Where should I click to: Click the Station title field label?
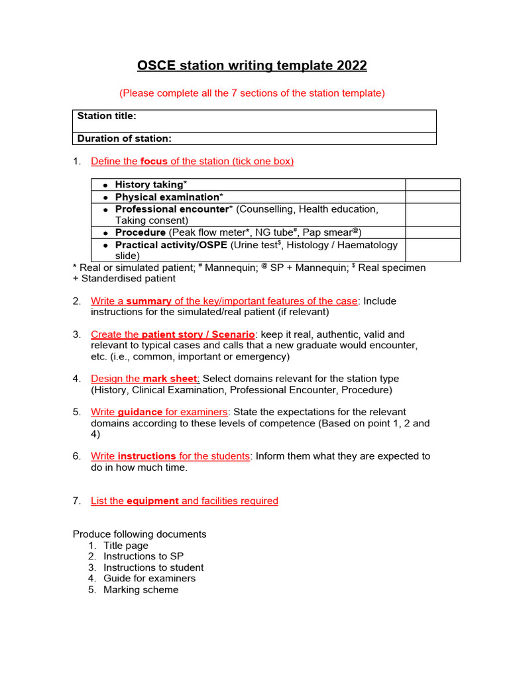click(107, 116)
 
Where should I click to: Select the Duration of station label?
click(125, 138)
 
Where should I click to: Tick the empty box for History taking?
click(432, 185)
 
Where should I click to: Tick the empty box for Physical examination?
click(432, 197)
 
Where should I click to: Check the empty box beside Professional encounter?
click(432, 215)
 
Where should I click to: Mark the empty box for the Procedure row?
click(432, 232)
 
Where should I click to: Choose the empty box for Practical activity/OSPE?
click(432, 250)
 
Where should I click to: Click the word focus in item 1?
click(154, 162)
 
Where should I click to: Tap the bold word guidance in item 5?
click(140, 412)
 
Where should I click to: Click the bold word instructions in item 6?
click(146, 456)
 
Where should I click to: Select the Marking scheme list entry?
click(141, 590)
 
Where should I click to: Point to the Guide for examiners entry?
click(149, 579)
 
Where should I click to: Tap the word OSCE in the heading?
click(154, 66)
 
